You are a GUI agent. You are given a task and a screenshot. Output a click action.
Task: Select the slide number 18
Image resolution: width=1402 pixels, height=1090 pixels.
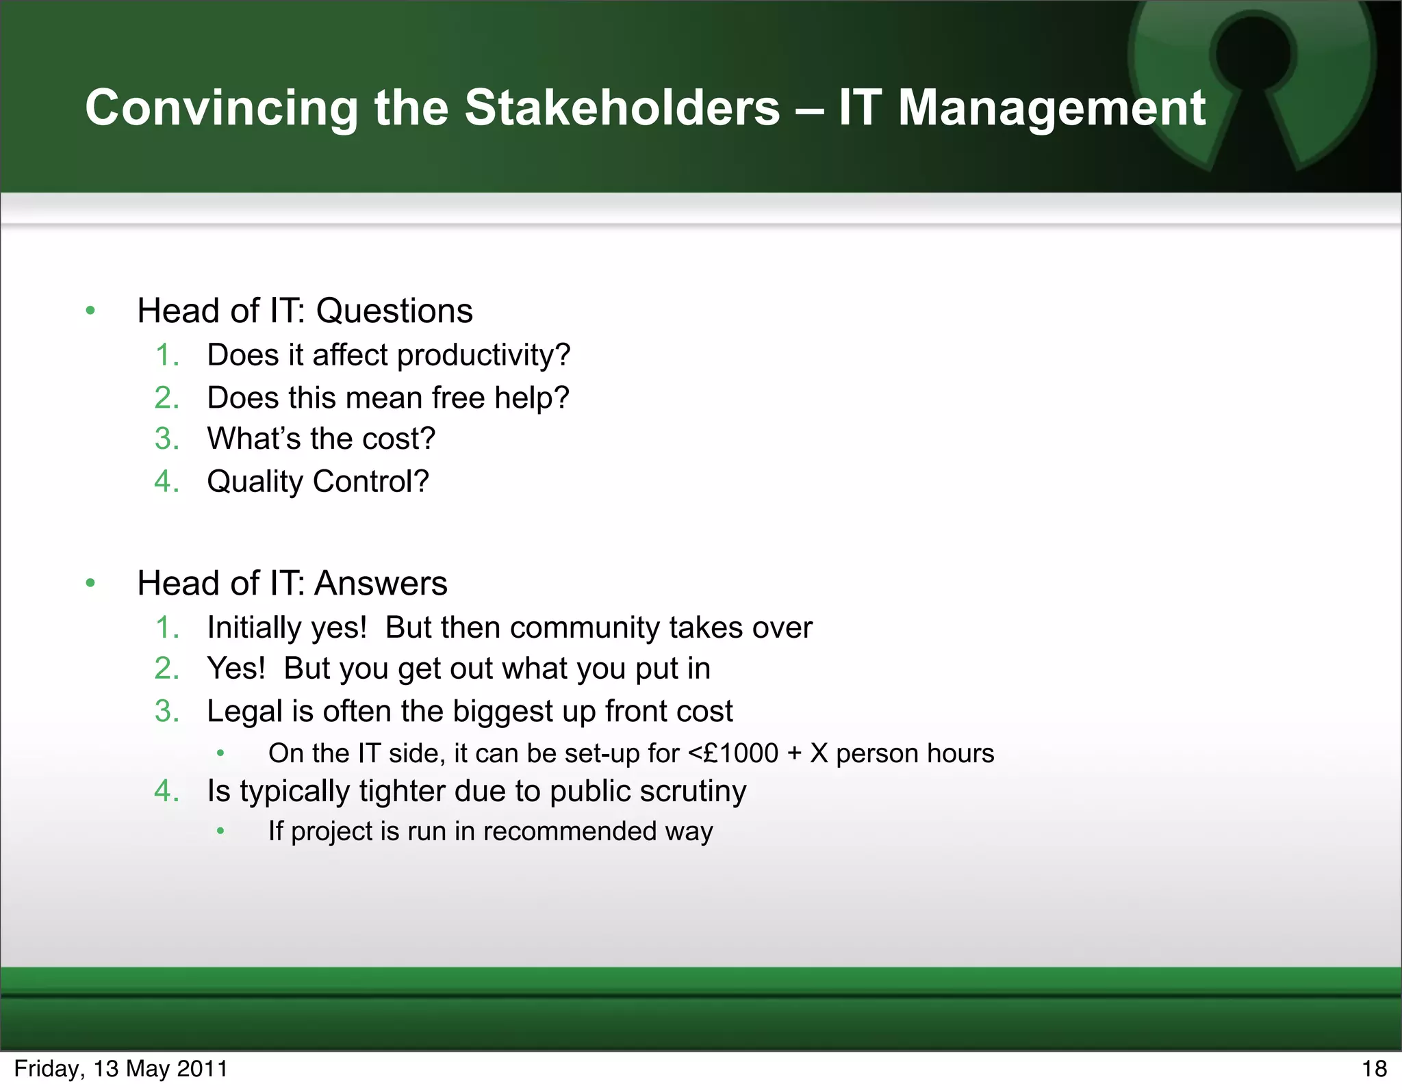[1373, 1069]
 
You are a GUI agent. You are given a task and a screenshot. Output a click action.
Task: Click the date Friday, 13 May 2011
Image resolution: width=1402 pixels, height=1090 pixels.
[120, 1069]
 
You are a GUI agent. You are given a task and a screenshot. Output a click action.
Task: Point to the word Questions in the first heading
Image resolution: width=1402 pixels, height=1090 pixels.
[394, 311]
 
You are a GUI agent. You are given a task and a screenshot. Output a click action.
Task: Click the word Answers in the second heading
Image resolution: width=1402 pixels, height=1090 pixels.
[381, 584]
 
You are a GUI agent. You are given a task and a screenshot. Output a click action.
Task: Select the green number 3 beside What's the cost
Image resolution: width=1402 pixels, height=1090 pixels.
[166, 439]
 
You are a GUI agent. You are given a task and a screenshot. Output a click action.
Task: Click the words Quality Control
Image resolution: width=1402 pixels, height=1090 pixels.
[318, 482]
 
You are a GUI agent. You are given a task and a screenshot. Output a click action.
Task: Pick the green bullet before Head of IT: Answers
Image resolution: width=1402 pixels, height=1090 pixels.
[90, 584]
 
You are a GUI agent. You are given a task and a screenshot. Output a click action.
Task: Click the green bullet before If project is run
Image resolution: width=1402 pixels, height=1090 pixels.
[220, 831]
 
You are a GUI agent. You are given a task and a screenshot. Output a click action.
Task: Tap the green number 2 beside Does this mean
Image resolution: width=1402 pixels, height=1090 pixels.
[166, 398]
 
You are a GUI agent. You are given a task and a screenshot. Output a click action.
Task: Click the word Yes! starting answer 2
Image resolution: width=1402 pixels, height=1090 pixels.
[236, 669]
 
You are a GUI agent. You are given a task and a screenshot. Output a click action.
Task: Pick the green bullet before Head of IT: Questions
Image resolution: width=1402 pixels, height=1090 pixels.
[90, 311]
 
